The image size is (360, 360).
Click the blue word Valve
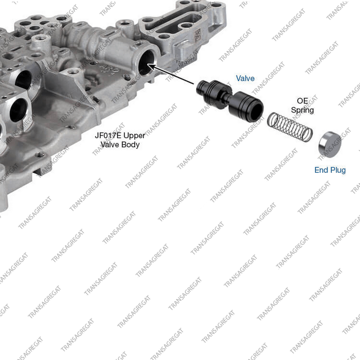pos(245,78)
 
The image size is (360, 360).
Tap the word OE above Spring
pos(302,101)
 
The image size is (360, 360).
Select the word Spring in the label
pos(302,110)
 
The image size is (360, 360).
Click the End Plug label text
pos(330,170)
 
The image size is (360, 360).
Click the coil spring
pos(290,127)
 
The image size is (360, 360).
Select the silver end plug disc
pos(330,144)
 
